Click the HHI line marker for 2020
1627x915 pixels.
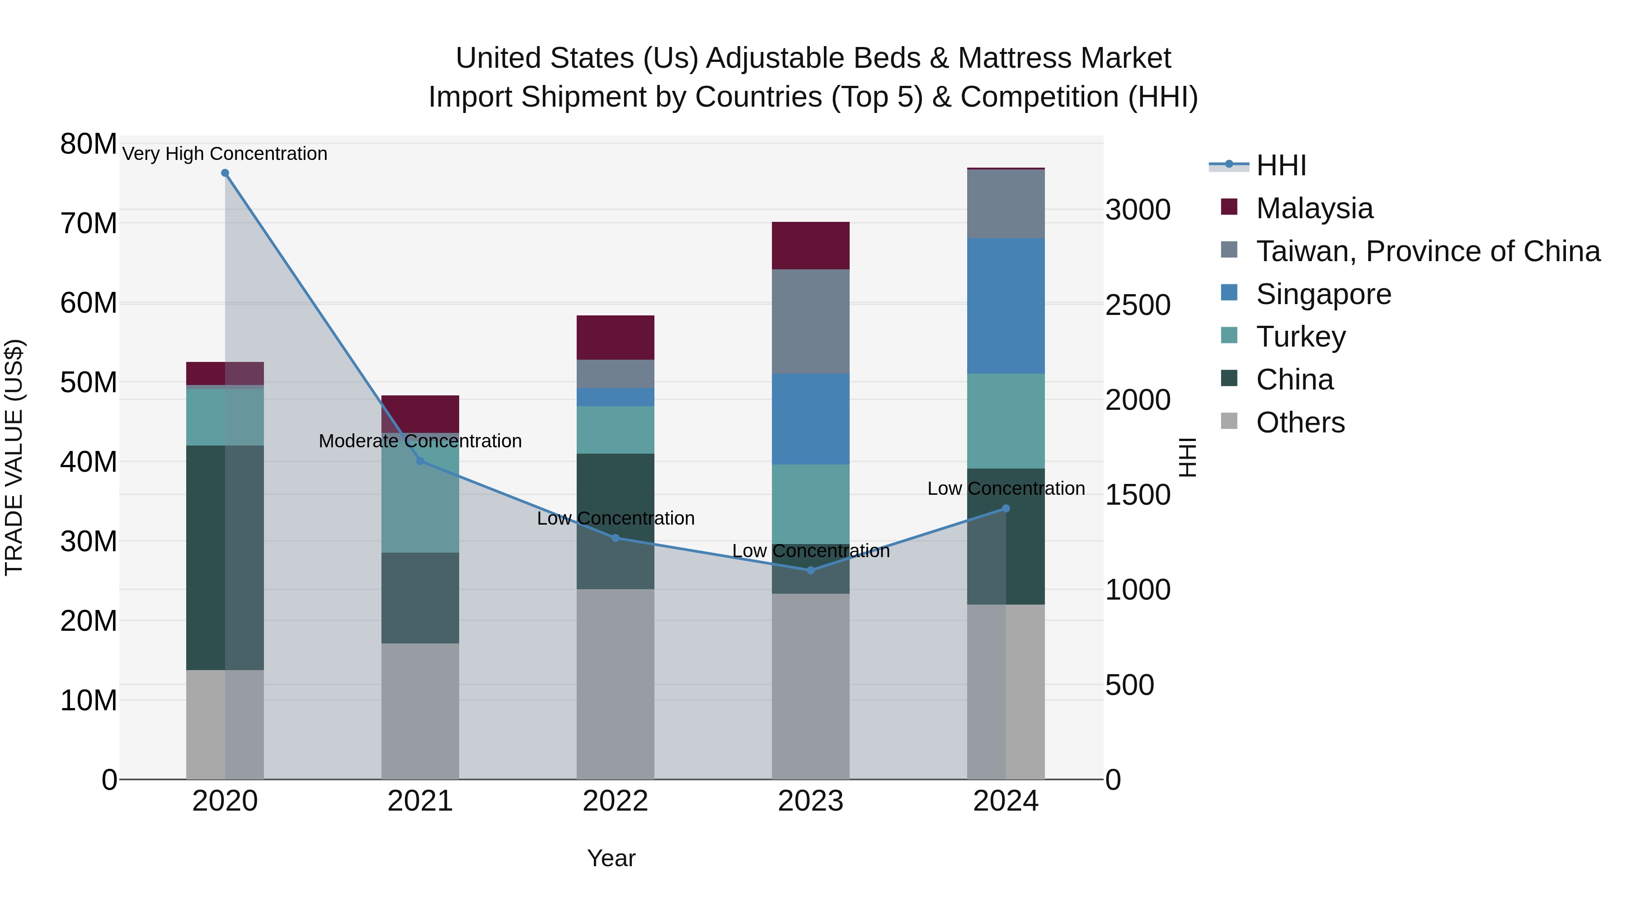click(x=225, y=173)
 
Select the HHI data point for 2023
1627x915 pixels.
click(x=811, y=570)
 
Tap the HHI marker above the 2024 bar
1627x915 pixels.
click(x=1006, y=508)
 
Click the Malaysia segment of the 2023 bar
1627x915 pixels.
click(x=810, y=246)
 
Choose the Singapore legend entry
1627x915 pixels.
click(x=1323, y=294)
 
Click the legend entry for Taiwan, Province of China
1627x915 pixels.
click(x=1427, y=251)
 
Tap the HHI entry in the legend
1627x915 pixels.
click(x=1281, y=165)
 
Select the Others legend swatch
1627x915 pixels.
click(x=1229, y=421)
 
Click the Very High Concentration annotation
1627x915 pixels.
click(x=225, y=154)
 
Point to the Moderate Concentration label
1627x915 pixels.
click(x=420, y=441)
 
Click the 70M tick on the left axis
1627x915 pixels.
click(x=89, y=224)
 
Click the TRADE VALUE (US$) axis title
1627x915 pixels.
click(x=14, y=457)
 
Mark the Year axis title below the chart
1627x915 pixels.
click(x=611, y=858)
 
